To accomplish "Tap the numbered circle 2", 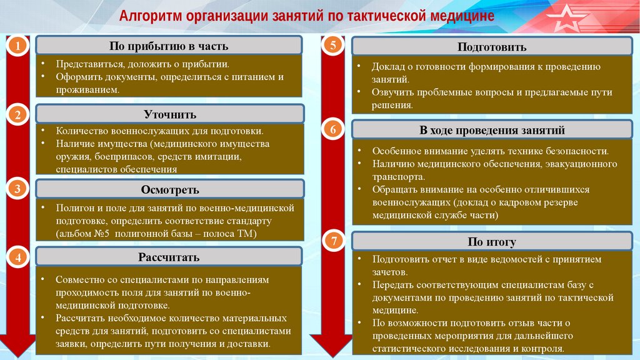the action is pos(19,114).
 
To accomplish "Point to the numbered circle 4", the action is pos(19,257).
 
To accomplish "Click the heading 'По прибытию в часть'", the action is pos(169,46).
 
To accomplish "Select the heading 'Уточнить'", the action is pos(170,114).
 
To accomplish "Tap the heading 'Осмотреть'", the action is pos(170,189).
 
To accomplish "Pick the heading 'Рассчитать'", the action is pos(169,257).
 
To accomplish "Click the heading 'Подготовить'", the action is pos(492,47).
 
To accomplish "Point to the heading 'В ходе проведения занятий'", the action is pos(492,131).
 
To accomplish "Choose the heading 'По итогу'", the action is pos(492,242).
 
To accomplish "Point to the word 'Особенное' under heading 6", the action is pos(394,151).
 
